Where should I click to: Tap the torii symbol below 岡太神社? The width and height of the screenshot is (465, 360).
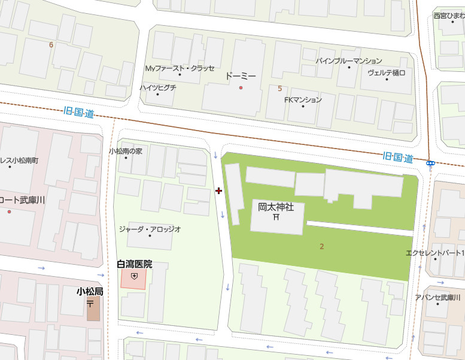(276, 217)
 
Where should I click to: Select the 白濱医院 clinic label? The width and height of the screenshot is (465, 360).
(135, 264)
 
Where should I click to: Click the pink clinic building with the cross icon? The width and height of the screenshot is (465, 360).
(134, 278)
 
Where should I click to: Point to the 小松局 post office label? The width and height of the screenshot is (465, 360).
(90, 292)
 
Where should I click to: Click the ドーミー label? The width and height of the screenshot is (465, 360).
(241, 77)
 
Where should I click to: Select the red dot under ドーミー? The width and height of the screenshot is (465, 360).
(241, 88)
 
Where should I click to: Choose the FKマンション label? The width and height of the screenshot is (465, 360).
(303, 100)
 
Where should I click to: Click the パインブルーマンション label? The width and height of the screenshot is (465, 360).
(349, 61)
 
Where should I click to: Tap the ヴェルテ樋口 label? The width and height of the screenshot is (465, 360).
(386, 72)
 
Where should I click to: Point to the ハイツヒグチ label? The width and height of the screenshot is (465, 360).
(158, 87)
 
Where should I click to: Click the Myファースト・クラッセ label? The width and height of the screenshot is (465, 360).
(180, 68)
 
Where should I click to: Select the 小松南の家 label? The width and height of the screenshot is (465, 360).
(126, 152)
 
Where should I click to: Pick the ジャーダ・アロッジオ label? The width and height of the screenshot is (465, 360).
(150, 229)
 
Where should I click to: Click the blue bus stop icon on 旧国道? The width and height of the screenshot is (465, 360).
(430, 162)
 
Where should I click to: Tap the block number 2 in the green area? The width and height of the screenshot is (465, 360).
(321, 246)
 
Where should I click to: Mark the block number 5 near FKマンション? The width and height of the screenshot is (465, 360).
(279, 89)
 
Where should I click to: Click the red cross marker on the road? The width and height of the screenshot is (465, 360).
(218, 190)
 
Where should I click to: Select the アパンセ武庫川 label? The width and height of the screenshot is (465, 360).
(439, 298)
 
